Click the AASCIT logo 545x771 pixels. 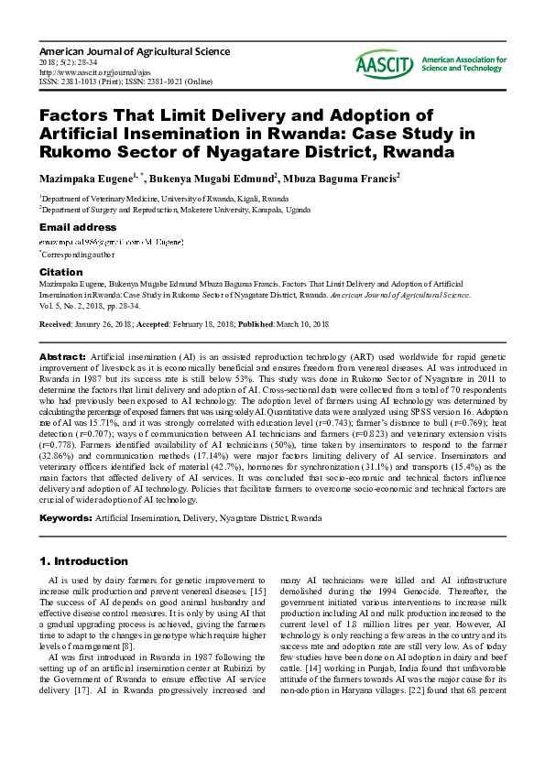[386, 62]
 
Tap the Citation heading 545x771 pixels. [61, 272]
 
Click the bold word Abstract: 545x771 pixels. [62, 354]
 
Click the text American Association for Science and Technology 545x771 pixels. [463, 63]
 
